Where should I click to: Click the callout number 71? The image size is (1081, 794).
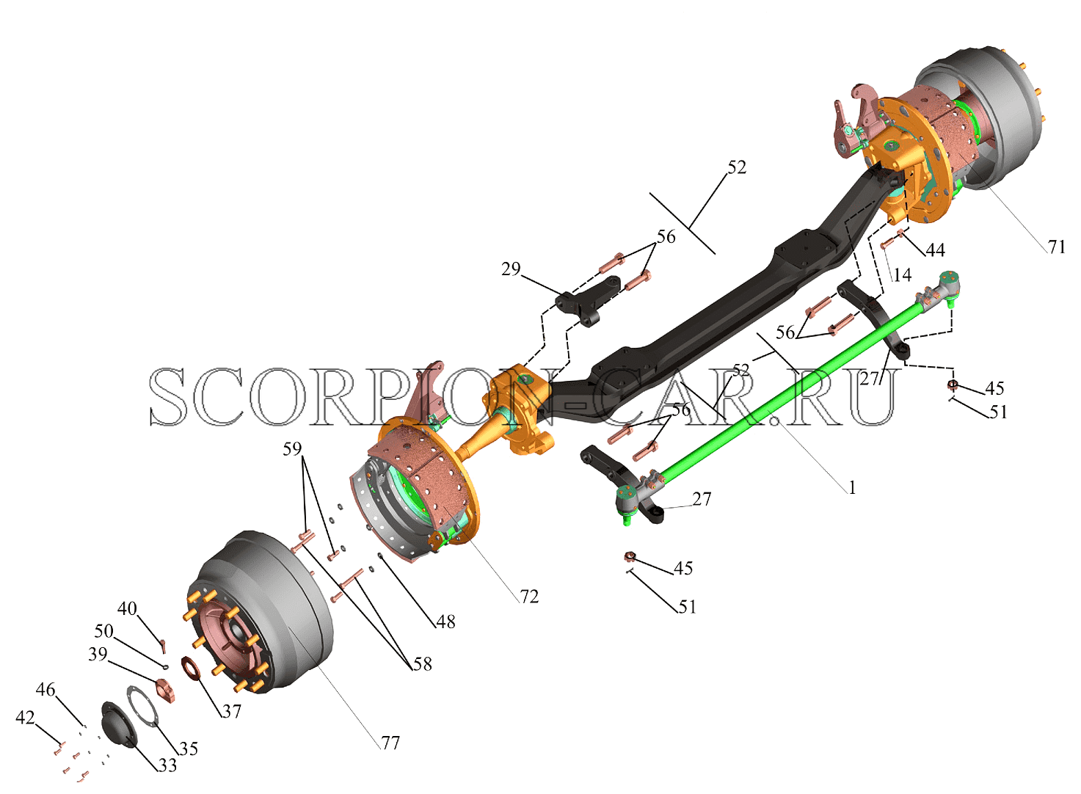1056,247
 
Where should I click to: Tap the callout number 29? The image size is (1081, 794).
511,269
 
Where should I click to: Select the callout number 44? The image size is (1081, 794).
935,250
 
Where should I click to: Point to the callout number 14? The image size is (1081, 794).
902,275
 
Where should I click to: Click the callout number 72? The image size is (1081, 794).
529,597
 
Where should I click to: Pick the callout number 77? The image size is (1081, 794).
390,743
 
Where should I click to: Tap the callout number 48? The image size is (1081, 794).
445,622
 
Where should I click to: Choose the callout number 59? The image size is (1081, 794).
292,449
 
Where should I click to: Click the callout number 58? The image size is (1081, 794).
422,664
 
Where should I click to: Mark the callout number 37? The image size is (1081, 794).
231,712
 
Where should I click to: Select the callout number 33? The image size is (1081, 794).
167,765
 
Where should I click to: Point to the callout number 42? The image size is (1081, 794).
25,718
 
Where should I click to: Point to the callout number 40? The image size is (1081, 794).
128,608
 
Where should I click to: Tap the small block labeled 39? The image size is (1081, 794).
165,691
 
